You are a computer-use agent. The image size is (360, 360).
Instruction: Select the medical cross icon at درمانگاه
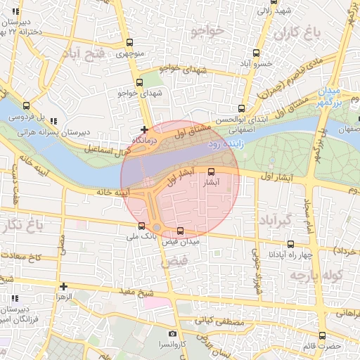[144, 129]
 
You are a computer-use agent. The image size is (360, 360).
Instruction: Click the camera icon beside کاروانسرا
[172, 334]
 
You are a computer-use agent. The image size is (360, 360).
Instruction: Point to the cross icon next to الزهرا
[64, 286]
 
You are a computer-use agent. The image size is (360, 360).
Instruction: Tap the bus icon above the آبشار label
[211, 171]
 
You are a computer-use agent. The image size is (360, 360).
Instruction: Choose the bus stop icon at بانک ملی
[143, 226]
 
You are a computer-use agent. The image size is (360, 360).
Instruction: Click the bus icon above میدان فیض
[181, 231]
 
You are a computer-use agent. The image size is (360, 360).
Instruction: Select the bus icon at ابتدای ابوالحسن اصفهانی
[242, 108]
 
